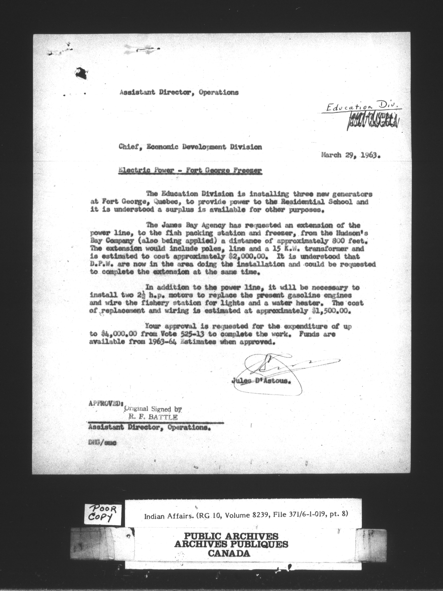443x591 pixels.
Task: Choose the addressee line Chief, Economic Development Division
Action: click(x=190, y=147)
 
